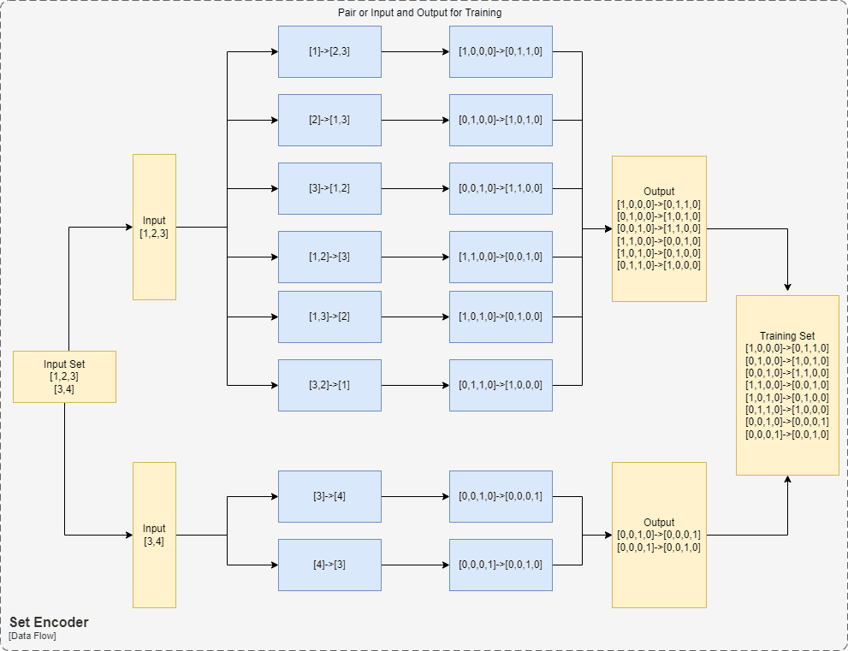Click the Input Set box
tap(64, 376)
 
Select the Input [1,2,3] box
tap(154, 227)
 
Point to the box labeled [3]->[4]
tap(329, 496)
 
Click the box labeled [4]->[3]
tap(329, 565)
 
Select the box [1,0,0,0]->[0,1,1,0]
tap(501, 51)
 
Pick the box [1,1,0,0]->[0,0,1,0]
tap(501, 257)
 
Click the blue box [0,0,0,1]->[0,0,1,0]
tap(501, 565)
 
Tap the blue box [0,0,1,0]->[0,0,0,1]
tap(501, 496)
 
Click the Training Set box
tap(787, 385)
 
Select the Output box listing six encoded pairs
tap(659, 228)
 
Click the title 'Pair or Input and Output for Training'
tap(419, 14)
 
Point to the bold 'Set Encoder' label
tap(49, 622)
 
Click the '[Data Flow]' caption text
tap(33, 636)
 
